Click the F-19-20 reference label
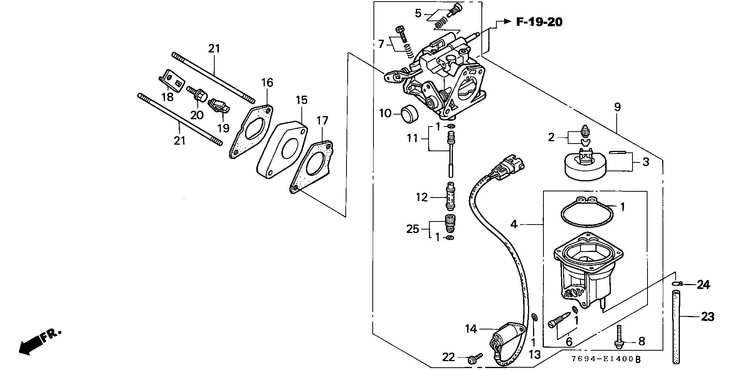[x=539, y=22]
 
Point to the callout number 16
[x=267, y=83]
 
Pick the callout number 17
[x=322, y=121]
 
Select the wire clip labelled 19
[x=218, y=106]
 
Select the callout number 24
[x=703, y=285]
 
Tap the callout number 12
[x=422, y=198]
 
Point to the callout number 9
[x=617, y=107]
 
